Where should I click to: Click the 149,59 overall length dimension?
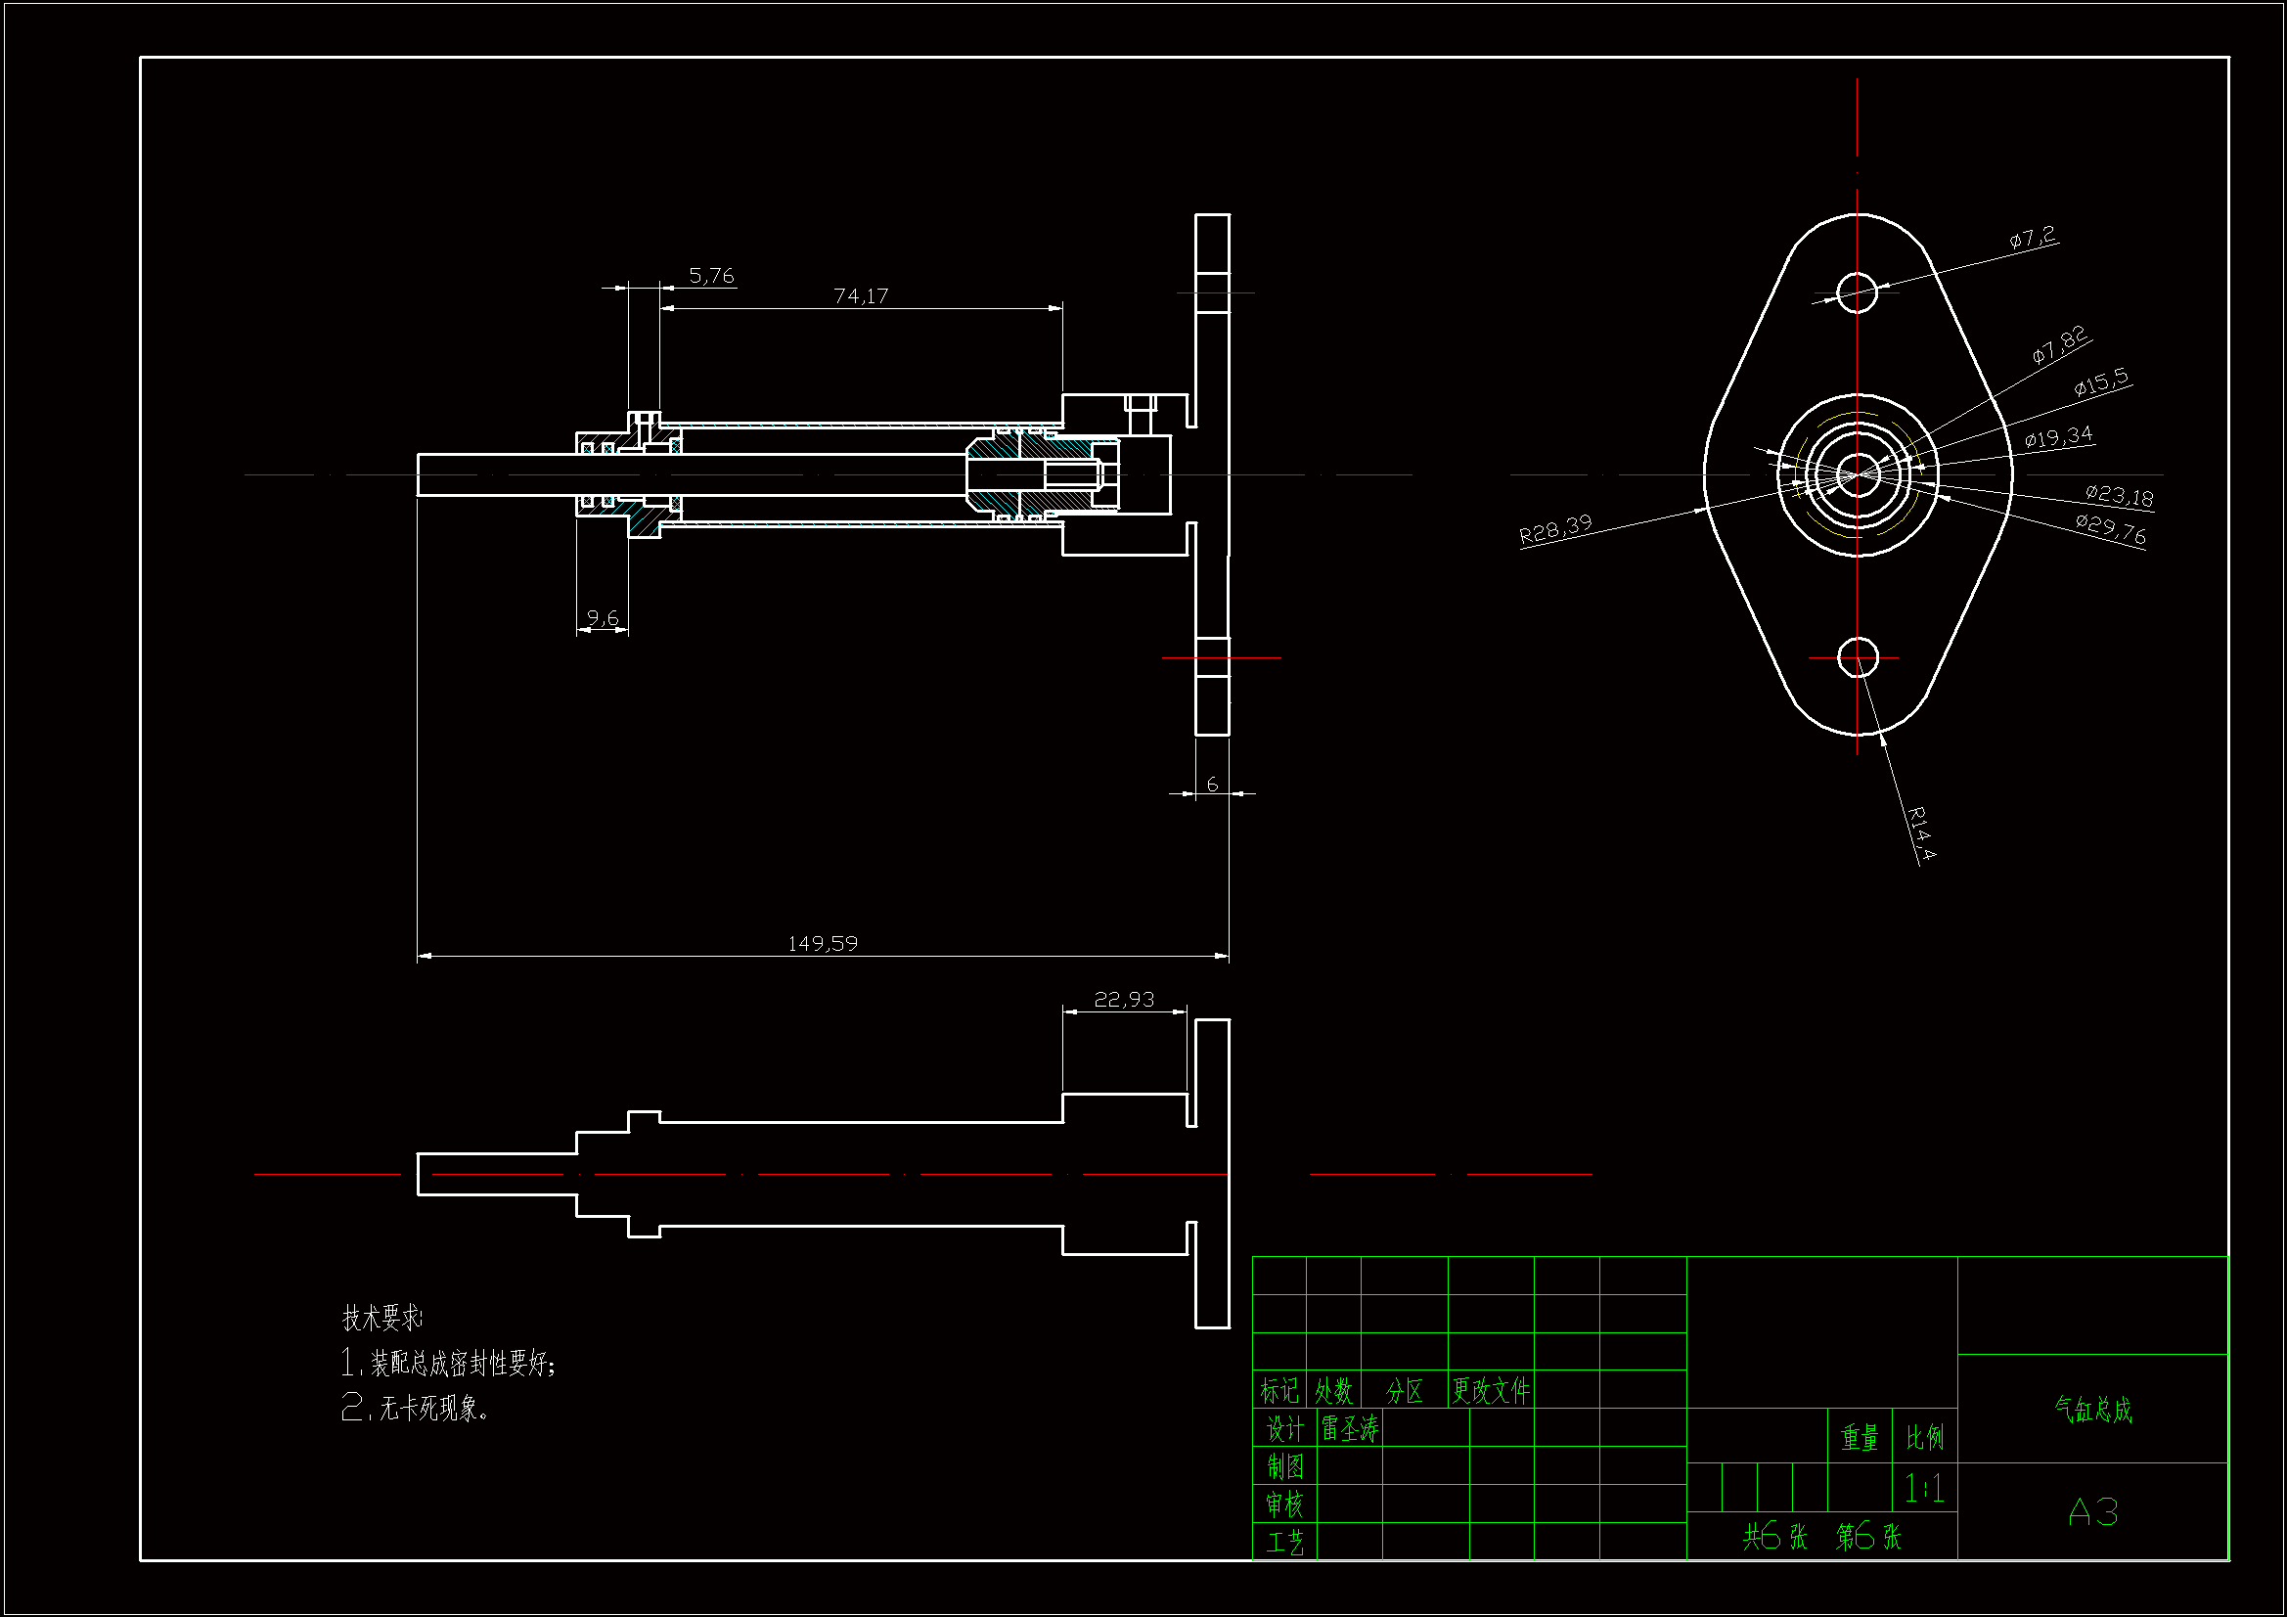coord(823,942)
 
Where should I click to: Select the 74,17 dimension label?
coord(861,295)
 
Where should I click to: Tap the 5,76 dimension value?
coord(711,275)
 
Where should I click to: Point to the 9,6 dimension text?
coord(603,617)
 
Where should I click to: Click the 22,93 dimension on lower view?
coord(1125,999)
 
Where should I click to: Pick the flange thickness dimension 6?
coord(1212,785)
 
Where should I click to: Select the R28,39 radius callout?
coord(1556,529)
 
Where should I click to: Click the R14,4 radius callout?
coord(1922,832)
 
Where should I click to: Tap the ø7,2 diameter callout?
coord(2033,237)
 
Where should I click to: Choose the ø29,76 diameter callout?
coord(2111,529)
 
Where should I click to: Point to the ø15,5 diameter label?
coord(2102,382)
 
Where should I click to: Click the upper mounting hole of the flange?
coord(1857,292)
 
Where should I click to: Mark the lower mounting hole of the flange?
coord(1857,657)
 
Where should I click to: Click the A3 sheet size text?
coord(2092,1512)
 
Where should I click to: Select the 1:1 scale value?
coord(1923,1489)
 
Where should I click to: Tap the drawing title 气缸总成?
coord(2092,1410)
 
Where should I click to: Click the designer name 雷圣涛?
coord(1350,1430)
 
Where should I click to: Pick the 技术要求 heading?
coord(381,1318)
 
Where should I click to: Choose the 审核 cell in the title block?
coord(1285,1504)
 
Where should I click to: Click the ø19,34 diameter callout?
coord(2059,436)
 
